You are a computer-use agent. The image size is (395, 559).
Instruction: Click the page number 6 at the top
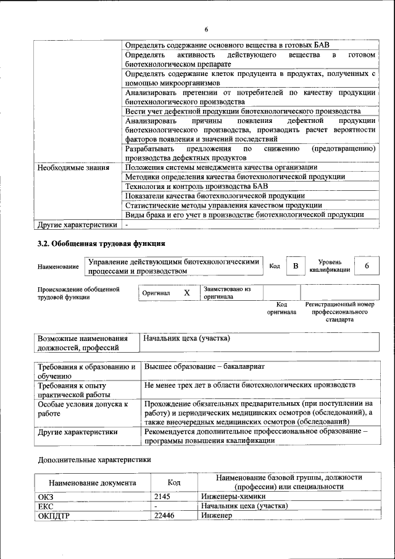click(x=206, y=29)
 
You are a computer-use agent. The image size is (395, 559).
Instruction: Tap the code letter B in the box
click(x=296, y=266)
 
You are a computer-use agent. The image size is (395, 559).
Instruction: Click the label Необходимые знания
click(x=73, y=167)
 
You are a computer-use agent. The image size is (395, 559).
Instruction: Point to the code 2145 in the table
click(x=162, y=496)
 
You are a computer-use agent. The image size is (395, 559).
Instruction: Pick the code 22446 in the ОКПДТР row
click(x=164, y=515)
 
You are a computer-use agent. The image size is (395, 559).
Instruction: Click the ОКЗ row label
click(x=46, y=496)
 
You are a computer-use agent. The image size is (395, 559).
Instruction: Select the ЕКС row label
click(x=46, y=506)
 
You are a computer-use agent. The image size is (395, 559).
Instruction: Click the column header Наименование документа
click(x=92, y=483)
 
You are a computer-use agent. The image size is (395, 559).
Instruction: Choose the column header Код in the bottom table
click(x=175, y=483)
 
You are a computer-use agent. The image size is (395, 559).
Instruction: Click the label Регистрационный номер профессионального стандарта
click(x=339, y=313)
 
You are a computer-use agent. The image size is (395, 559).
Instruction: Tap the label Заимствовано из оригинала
click(x=227, y=292)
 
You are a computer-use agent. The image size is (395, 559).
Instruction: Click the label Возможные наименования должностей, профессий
click(x=83, y=343)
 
